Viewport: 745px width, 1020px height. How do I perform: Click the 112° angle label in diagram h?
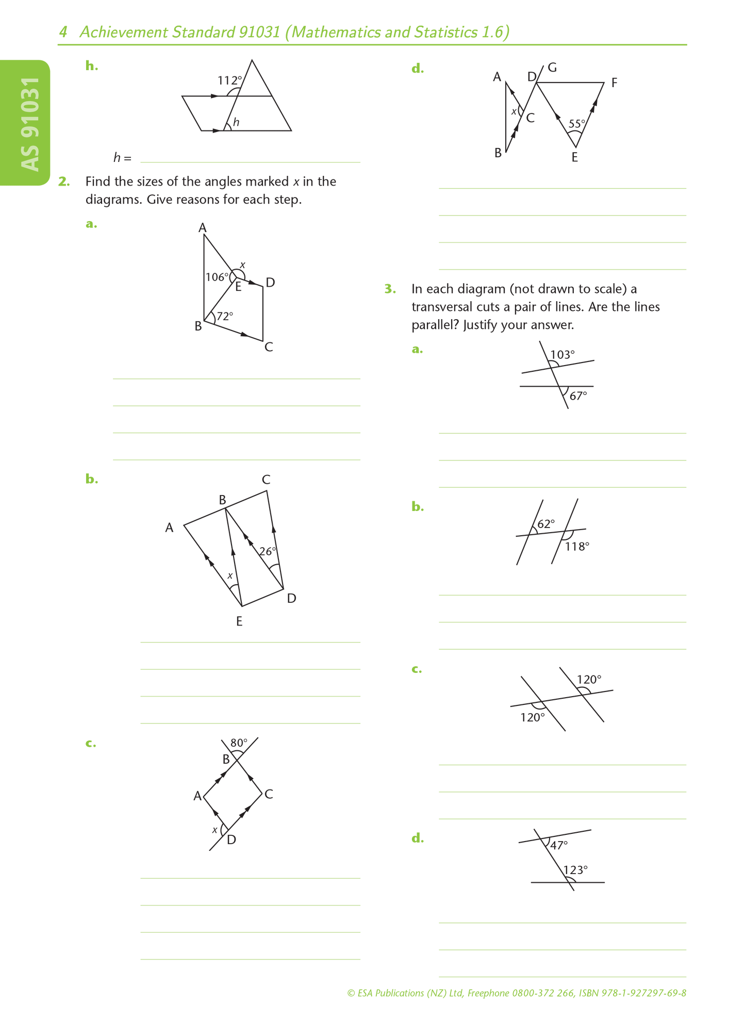pyautogui.click(x=229, y=80)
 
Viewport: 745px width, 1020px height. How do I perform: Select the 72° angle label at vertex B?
pyautogui.click(x=225, y=316)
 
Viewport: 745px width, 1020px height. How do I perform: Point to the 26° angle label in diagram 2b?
pyautogui.click(x=268, y=551)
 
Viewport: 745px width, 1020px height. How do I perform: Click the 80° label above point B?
pyautogui.click(x=239, y=743)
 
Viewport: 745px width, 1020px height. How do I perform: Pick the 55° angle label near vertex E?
pyautogui.click(x=576, y=124)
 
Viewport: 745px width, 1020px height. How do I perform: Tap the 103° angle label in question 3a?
pyautogui.click(x=562, y=354)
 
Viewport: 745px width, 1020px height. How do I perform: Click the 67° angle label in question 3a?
pyautogui.click(x=578, y=396)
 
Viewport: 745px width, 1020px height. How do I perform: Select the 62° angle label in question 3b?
pyautogui.click(x=546, y=524)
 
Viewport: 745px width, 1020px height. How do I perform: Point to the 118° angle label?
pyautogui.click(x=577, y=546)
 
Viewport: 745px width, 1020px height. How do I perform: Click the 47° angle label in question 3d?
pyautogui.click(x=559, y=845)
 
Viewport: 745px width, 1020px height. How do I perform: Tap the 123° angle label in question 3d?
pyautogui.click(x=575, y=870)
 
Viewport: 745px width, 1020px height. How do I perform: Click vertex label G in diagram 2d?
pyautogui.click(x=552, y=68)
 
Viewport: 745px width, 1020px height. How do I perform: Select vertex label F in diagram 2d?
pyautogui.click(x=614, y=83)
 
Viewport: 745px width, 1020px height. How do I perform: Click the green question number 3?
pyautogui.click(x=390, y=289)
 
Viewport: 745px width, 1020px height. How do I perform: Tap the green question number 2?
pyautogui.click(x=63, y=182)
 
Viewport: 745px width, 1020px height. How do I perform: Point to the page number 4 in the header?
pyautogui.click(x=63, y=32)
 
